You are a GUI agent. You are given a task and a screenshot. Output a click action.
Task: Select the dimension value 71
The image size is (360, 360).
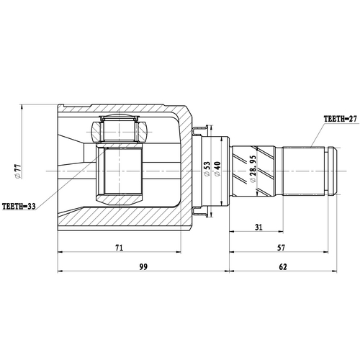(x=120, y=248)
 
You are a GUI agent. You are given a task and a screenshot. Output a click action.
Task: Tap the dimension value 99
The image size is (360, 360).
(x=143, y=267)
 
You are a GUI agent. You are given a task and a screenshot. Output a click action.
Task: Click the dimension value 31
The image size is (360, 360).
(x=258, y=228)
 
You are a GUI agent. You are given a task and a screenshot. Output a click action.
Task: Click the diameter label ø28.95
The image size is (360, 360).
(x=253, y=171)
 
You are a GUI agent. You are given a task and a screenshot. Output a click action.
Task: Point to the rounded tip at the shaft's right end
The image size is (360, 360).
(x=332, y=171)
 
